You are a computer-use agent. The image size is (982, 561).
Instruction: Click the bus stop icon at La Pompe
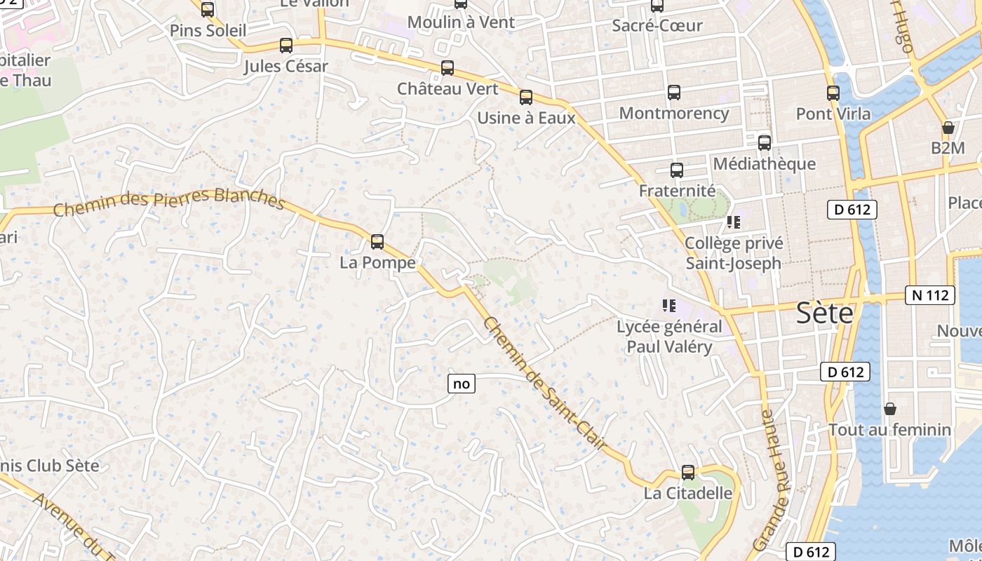click(x=377, y=242)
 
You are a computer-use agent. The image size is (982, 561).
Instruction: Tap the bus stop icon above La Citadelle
click(x=688, y=473)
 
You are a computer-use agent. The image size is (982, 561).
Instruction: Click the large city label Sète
click(x=824, y=313)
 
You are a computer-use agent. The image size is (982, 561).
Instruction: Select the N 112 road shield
click(x=931, y=295)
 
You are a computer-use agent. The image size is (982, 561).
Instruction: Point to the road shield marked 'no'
click(x=461, y=384)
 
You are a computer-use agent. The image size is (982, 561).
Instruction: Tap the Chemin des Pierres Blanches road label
click(x=169, y=201)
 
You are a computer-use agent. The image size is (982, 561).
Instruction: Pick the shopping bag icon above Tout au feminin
click(x=890, y=408)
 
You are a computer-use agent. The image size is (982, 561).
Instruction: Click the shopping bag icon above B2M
click(x=948, y=128)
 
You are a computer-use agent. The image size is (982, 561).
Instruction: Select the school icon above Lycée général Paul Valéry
click(x=668, y=306)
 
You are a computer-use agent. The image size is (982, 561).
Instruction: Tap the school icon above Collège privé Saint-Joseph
click(x=734, y=223)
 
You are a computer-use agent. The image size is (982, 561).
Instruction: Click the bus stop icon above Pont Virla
click(x=833, y=93)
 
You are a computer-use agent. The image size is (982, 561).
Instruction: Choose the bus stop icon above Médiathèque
click(x=765, y=142)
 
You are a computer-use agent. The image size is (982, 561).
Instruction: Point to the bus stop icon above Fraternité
click(x=677, y=170)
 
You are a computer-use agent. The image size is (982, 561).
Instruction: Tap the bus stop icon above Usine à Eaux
click(x=526, y=97)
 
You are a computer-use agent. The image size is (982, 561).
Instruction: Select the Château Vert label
click(x=448, y=89)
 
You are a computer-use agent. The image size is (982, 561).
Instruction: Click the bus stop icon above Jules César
click(x=285, y=46)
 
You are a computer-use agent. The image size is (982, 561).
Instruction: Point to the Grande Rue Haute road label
click(x=771, y=480)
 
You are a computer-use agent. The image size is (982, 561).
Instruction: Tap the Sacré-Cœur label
click(x=657, y=26)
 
